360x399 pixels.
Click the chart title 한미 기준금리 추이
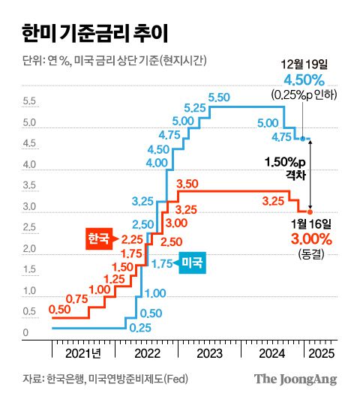[88, 34]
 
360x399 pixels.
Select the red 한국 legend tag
[97, 239]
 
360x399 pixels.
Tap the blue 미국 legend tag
[193, 263]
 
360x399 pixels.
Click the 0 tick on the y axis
[25, 333]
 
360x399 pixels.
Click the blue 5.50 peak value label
[219, 97]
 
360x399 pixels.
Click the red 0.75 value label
[77, 298]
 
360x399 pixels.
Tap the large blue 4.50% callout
[304, 79]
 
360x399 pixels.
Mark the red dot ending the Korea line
[310, 211]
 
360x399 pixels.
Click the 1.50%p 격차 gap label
[285, 166]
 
